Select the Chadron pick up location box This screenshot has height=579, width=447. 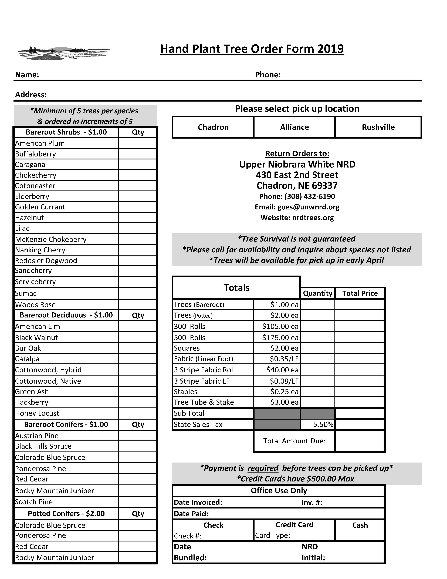point(213,127)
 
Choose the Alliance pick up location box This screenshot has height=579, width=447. point(294,127)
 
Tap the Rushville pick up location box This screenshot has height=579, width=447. point(378,127)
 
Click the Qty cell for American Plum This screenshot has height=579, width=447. point(137,143)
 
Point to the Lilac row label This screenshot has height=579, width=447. point(22,228)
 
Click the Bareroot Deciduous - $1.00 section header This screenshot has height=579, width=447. point(66,315)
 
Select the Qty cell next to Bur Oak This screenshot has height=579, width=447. point(137,348)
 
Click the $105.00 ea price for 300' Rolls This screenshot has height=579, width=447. point(280,326)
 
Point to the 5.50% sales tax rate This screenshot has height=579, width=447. point(323,424)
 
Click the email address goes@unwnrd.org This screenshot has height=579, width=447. point(308,207)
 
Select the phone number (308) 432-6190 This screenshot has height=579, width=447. point(310,196)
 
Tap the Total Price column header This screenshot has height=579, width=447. point(360,293)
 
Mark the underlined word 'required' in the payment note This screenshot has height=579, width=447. point(263,468)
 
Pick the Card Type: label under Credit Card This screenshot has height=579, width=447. point(272,536)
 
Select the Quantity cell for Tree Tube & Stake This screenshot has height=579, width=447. point(317,402)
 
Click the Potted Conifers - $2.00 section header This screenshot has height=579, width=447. point(66,514)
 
